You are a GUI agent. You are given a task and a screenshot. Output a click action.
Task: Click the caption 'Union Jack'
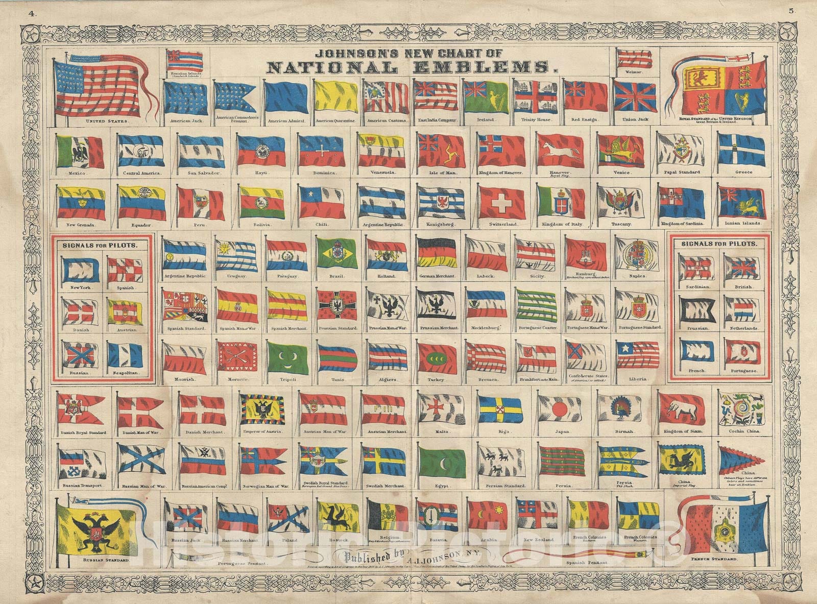(634, 119)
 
